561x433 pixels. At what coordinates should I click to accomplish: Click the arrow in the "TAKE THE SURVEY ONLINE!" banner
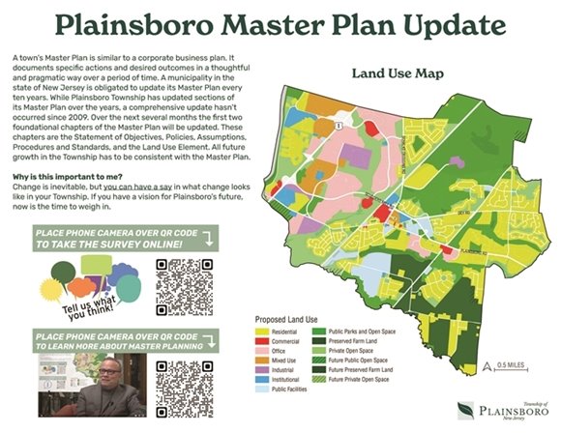(233, 245)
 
